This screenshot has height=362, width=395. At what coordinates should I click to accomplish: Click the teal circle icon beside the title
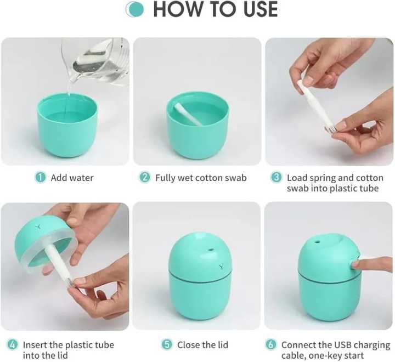(134, 9)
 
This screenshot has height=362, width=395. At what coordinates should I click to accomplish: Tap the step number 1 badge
(40, 177)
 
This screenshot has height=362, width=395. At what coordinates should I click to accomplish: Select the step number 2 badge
(145, 177)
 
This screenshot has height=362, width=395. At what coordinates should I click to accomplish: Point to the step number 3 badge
(276, 177)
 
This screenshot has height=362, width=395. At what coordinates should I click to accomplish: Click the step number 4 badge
(12, 345)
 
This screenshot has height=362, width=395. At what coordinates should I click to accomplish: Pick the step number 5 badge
(167, 345)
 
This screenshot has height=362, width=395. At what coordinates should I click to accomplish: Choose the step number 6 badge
(270, 345)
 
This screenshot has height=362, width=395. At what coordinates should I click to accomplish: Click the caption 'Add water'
(72, 178)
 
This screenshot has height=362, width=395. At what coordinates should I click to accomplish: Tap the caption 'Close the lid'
(202, 345)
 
